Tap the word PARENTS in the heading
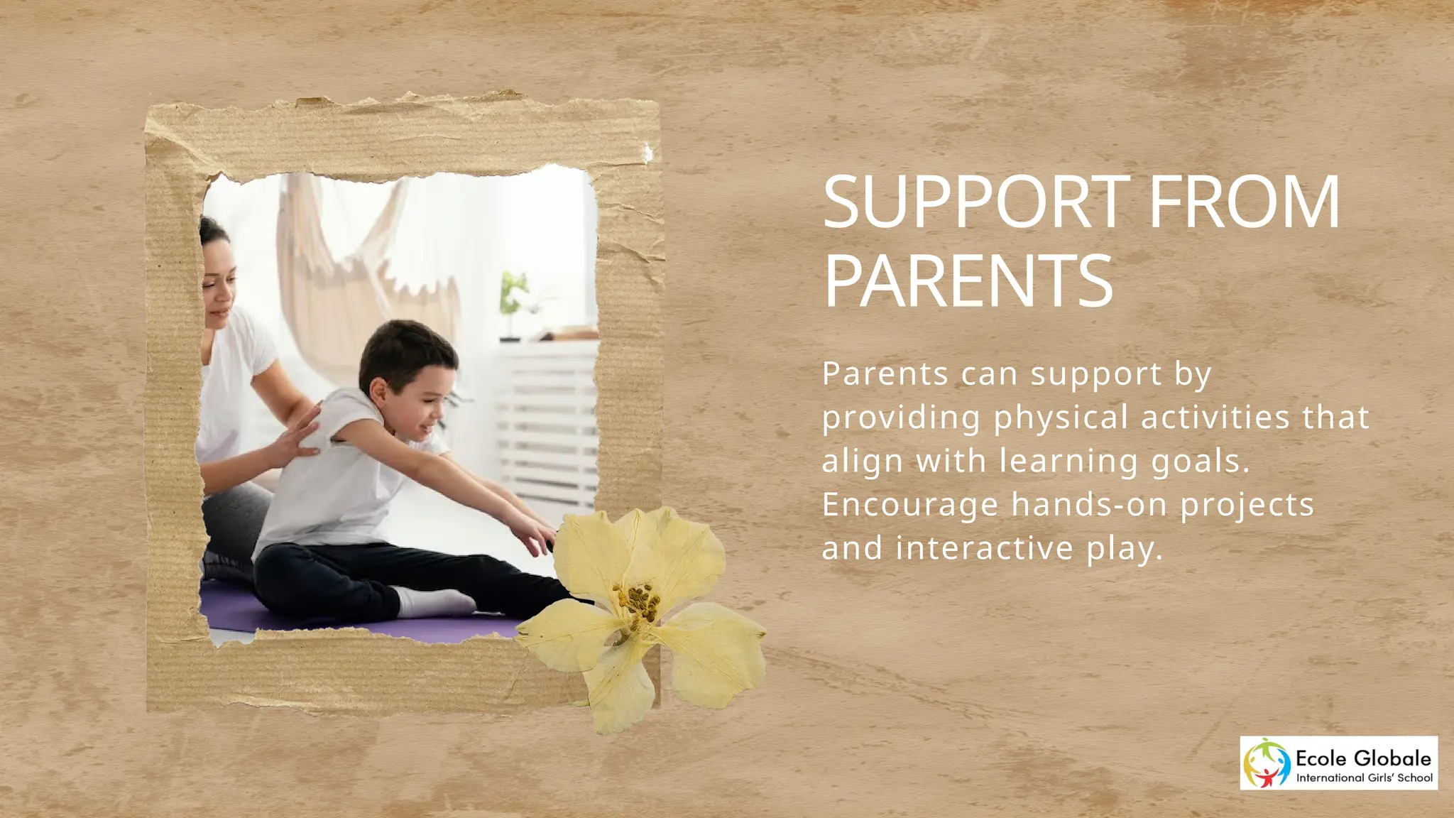pyautogui.click(x=968, y=282)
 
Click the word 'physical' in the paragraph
pyautogui.click(x=1061, y=418)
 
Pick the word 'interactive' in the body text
pyautogui.click(x=985, y=548)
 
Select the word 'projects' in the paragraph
pyautogui.click(x=1247, y=506)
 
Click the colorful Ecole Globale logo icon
pyautogui.click(x=1267, y=763)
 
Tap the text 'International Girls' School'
pyautogui.click(x=1364, y=778)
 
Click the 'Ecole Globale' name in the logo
pyautogui.click(x=1363, y=758)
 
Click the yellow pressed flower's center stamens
pyautogui.click(x=635, y=604)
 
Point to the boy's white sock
pyautogui.click(x=433, y=602)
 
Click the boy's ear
pyautogui.click(x=379, y=390)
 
